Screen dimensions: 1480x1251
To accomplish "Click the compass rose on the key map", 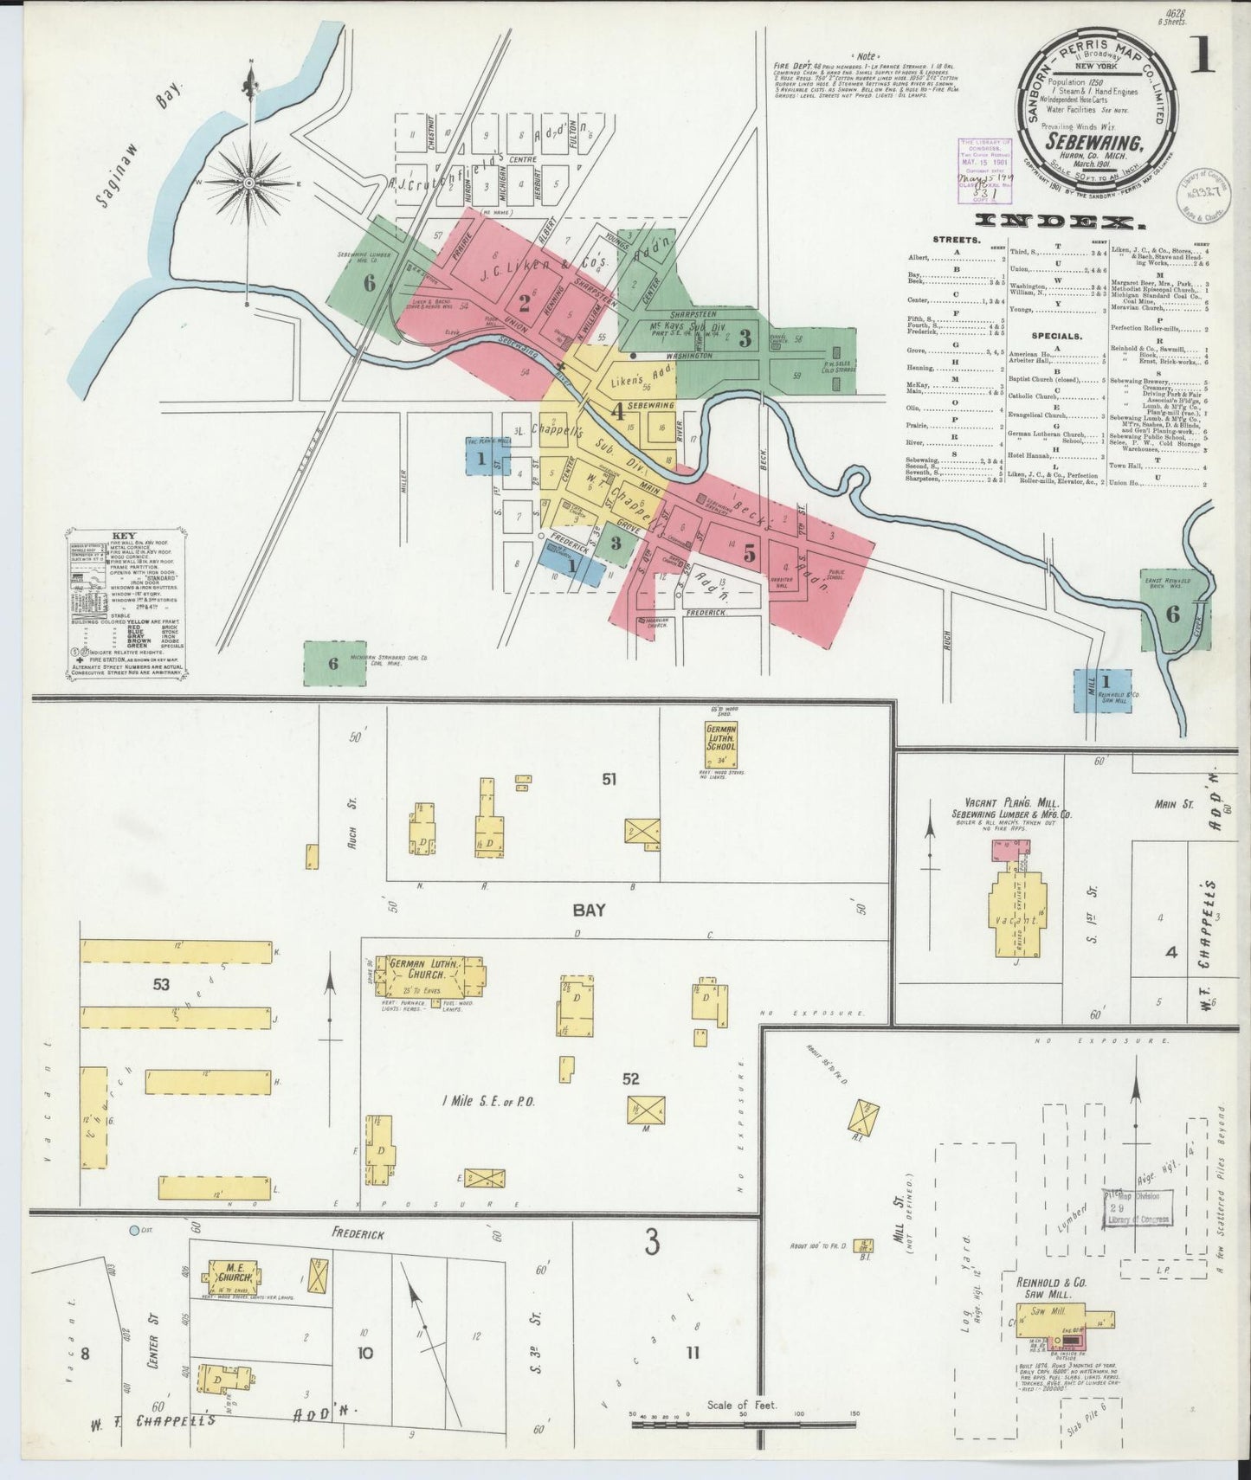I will [x=250, y=183].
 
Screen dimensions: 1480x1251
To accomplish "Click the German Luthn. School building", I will [x=720, y=745].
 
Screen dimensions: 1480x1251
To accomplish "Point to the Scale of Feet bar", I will [x=745, y=1419].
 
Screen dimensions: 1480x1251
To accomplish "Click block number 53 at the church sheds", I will [x=161, y=983].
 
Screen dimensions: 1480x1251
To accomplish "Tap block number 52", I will [x=631, y=1078].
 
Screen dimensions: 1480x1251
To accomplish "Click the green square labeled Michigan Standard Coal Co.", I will [x=333, y=663].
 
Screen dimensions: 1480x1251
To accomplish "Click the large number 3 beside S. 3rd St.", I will [x=651, y=1244].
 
